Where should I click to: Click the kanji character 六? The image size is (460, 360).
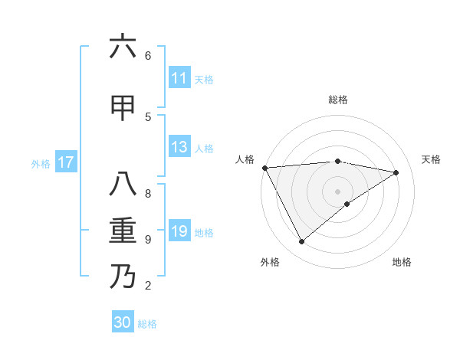click(x=123, y=47)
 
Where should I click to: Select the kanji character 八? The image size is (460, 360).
click(x=123, y=185)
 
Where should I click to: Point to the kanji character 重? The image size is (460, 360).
click(x=123, y=231)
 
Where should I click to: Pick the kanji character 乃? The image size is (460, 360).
click(x=123, y=277)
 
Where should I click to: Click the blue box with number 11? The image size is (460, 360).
click(x=179, y=78)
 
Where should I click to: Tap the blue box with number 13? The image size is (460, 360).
click(x=179, y=147)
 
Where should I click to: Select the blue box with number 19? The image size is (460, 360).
click(x=179, y=231)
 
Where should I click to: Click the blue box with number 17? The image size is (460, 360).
click(x=65, y=162)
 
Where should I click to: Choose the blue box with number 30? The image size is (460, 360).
click(x=123, y=322)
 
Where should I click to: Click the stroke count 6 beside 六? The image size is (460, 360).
click(x=148, y=55)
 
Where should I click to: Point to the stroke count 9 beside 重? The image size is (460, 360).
click(x=148, y=240)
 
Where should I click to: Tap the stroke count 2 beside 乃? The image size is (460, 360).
click(x=148, y=286)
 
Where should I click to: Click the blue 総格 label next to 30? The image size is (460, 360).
click(x=147, y=324)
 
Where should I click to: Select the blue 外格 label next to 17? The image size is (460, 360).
click(x=41, y=163)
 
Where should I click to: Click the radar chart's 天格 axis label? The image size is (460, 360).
click(x=431, y=159)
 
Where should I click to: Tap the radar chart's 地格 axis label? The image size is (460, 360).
click(x=402, y=262)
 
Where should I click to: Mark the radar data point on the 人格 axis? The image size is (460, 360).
click(x=264, y=168)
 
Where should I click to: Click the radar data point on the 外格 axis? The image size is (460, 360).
click(x=301, y=242)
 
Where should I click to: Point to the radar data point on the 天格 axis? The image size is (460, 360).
click(x=396, y=172)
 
